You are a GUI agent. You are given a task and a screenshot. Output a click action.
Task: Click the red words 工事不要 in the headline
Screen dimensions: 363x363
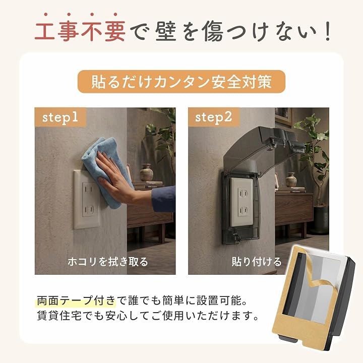click(80, 31)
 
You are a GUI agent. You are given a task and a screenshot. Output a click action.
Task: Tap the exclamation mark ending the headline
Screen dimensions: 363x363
click(328, 31)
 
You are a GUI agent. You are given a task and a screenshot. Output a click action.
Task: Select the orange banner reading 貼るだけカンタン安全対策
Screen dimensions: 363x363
click(181, 82)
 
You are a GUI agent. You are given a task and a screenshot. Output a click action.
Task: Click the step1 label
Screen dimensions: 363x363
click(60, 117)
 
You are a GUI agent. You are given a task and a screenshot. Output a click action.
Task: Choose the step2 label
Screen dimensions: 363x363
click(213, 117)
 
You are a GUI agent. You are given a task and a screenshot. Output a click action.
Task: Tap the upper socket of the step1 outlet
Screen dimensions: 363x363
click(88, 190)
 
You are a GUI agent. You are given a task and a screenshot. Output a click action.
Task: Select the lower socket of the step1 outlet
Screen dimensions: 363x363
click(88, 210)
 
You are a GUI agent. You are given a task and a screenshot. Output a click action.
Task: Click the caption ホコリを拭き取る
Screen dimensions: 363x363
click(108, 262)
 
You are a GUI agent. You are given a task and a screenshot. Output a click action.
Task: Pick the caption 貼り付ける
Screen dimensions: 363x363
click(257, 262)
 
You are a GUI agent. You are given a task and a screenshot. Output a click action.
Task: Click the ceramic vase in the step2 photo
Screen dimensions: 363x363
click(291, 179)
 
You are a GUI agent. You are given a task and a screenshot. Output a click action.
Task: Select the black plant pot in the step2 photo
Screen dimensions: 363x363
click(321, 219)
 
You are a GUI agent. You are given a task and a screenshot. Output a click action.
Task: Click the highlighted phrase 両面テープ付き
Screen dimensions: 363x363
click(76, 300)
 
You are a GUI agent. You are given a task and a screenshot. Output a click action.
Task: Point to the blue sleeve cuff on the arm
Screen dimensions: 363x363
click(164, 199)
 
